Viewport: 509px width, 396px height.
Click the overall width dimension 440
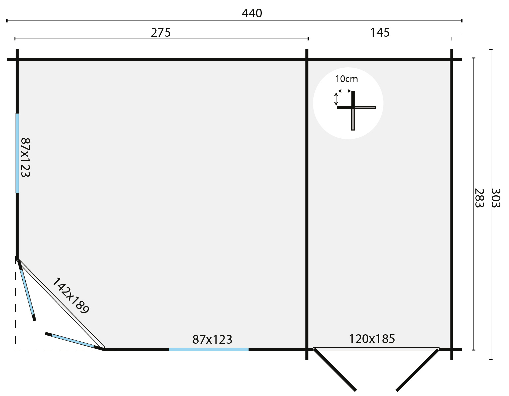252,13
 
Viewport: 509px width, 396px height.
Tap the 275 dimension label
161,33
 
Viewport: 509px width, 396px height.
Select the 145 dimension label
380,33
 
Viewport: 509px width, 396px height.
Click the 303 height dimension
496,198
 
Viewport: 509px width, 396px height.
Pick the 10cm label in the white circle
347,79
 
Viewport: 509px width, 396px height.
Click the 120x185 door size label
372,339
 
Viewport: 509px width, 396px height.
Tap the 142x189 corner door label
71,295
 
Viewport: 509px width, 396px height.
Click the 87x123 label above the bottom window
212,340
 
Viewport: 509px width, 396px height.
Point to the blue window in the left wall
17,153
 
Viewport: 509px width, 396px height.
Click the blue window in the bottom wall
209,349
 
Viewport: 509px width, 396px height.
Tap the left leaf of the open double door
335,370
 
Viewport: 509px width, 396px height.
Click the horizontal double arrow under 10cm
344,91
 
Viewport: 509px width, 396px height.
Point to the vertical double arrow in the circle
336,99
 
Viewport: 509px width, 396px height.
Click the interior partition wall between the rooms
307,200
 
